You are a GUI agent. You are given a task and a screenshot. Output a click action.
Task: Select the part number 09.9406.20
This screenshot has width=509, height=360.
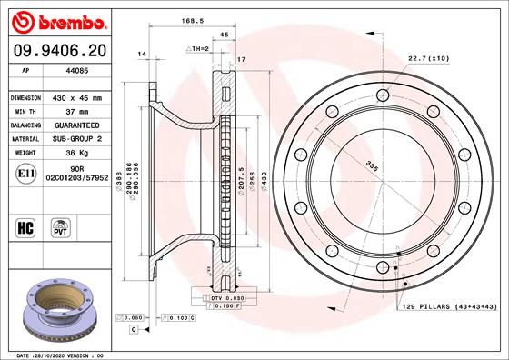(60, 51)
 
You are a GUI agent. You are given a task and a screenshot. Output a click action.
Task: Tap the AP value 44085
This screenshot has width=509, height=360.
(77, 70)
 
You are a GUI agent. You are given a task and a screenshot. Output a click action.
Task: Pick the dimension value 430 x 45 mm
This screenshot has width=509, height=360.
(77, 98)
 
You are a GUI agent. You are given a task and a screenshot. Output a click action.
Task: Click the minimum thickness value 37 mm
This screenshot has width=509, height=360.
(77, 112)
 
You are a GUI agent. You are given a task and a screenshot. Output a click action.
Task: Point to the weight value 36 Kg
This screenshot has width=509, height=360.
(77, 153)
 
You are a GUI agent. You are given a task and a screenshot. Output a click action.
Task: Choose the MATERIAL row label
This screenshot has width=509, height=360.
(25, 139)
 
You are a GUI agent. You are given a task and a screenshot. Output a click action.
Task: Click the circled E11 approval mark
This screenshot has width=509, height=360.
(26, 174)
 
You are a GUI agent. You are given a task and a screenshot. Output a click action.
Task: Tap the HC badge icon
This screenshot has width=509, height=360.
(25, 228)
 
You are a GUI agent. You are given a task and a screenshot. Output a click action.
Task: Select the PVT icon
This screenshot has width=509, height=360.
(60, 228)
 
